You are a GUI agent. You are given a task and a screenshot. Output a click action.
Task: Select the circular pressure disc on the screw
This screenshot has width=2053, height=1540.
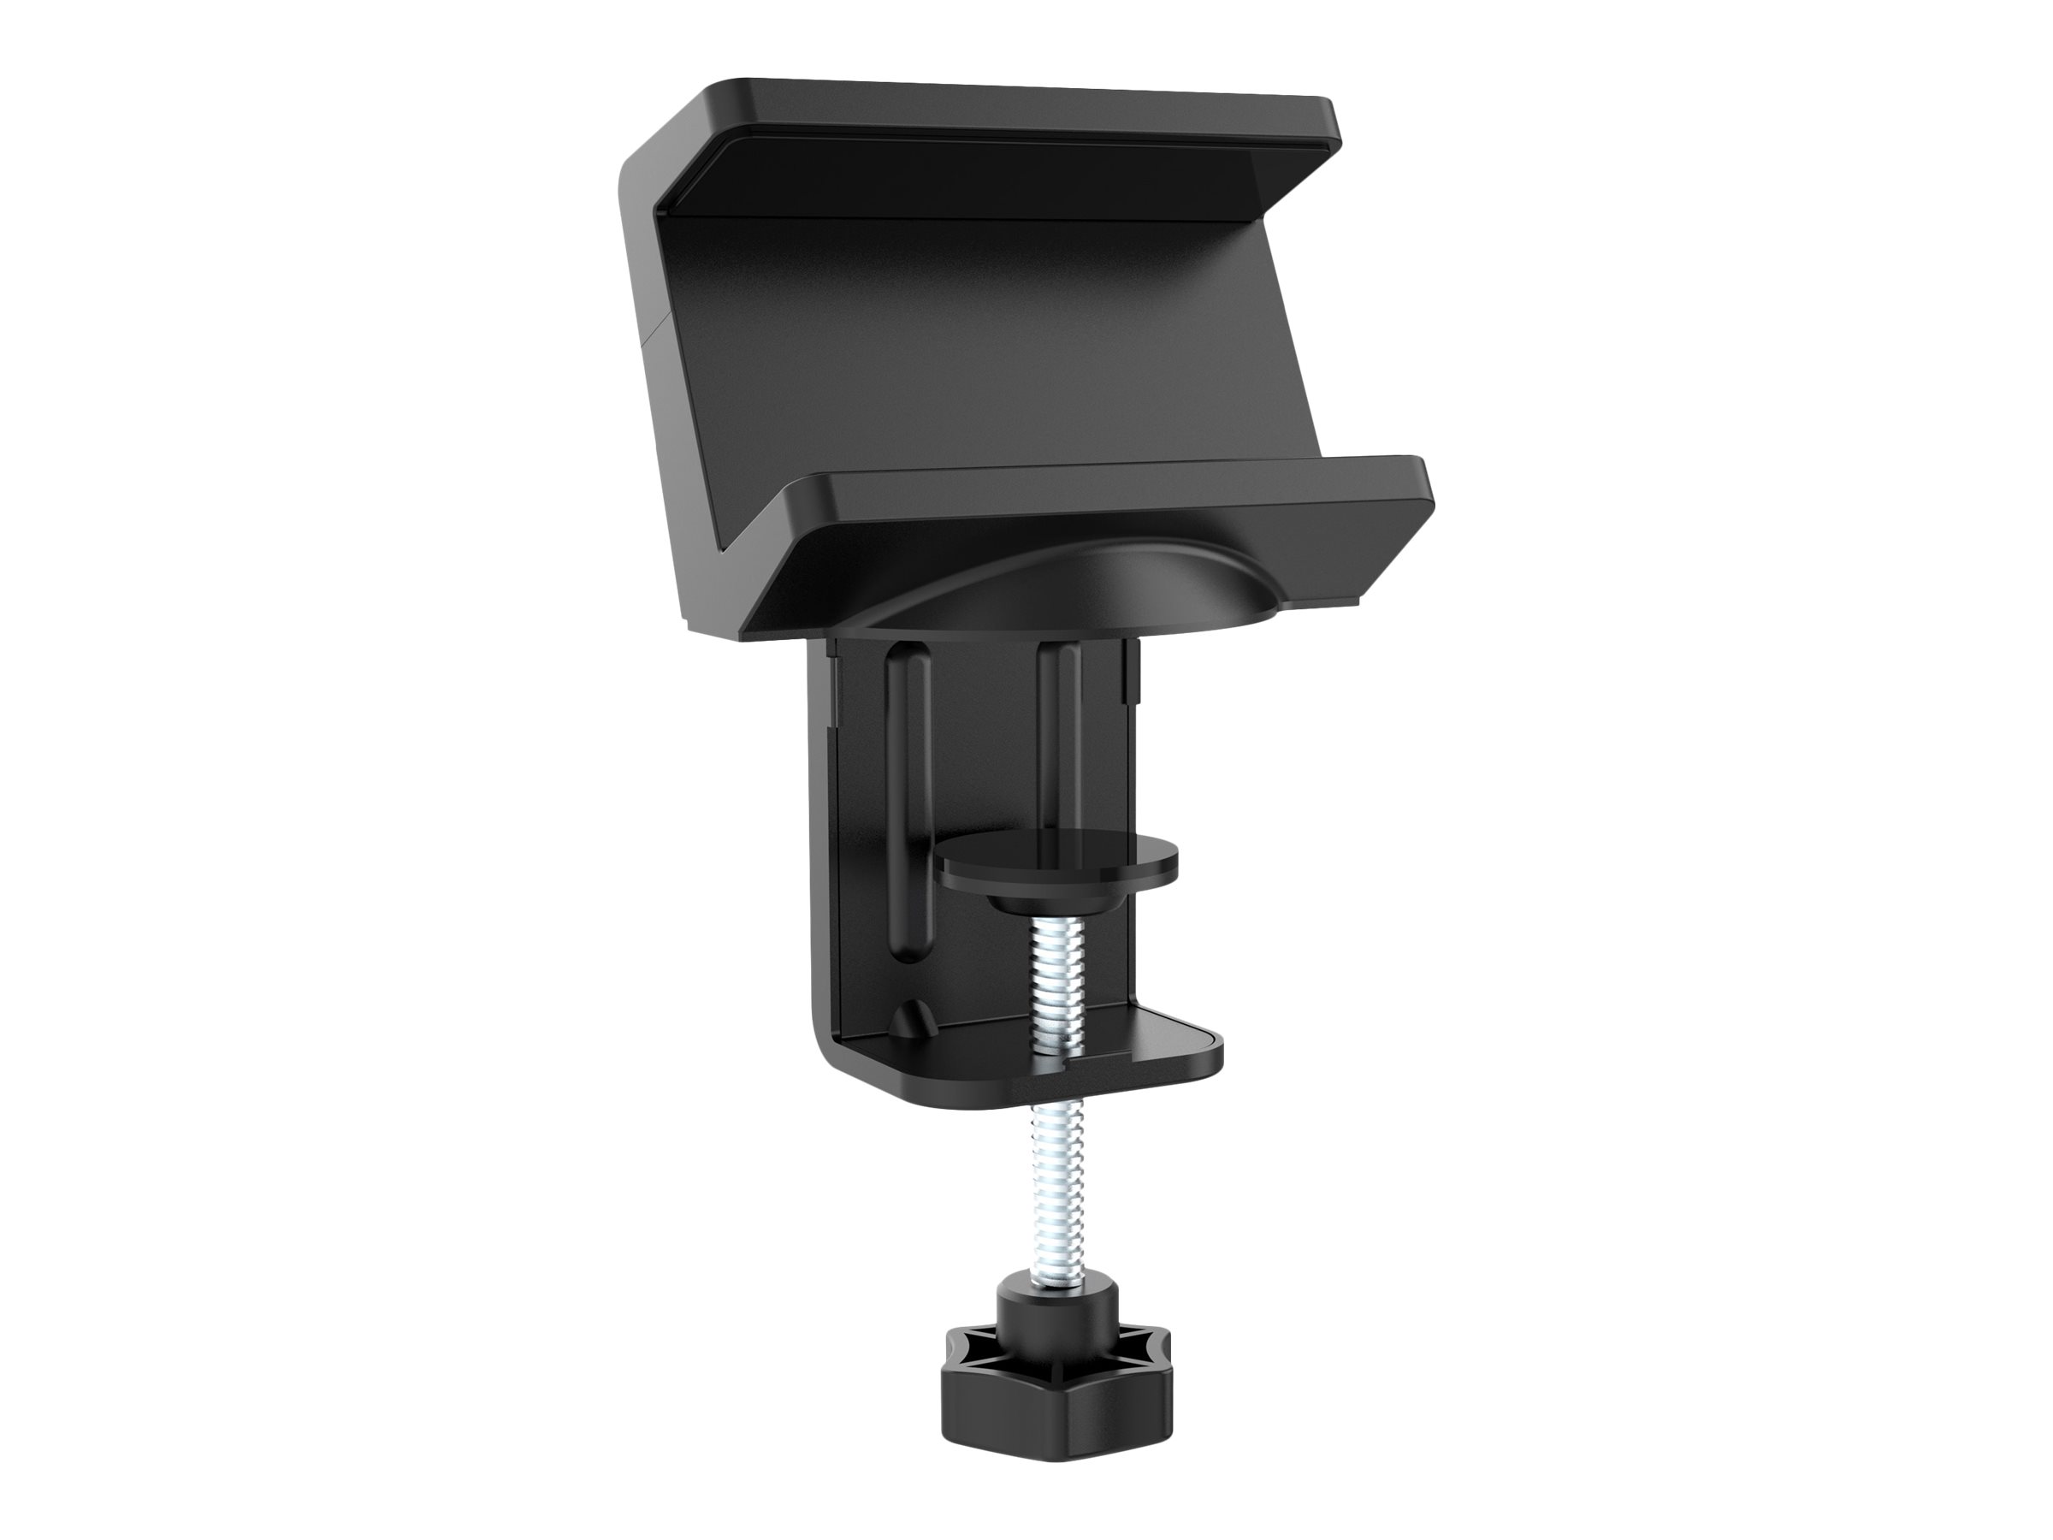click(x=1058, y=859)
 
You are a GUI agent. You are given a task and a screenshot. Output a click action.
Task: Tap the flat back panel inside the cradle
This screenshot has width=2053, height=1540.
click(x=965, y=343)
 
